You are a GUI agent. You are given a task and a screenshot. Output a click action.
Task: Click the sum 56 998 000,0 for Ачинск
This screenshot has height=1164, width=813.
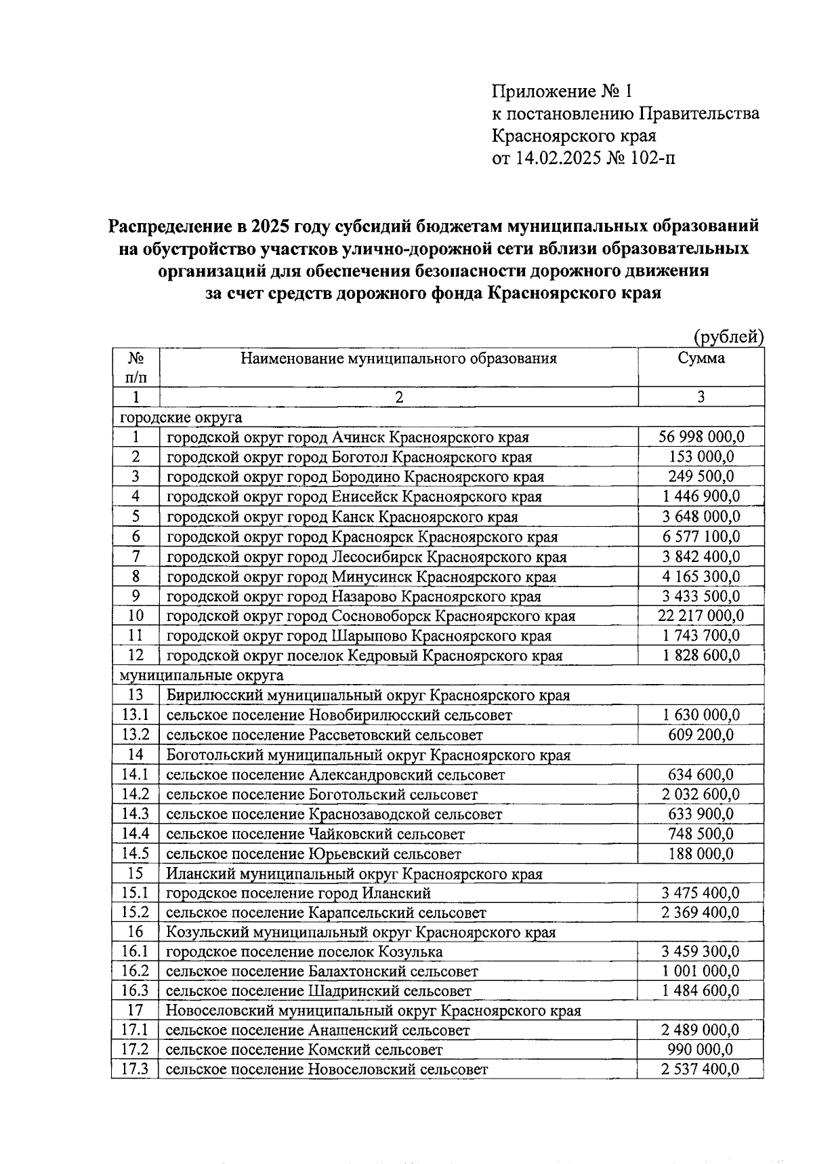(x=701, y=437)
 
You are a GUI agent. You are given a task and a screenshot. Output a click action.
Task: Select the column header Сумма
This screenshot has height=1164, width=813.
(x=701, y=358)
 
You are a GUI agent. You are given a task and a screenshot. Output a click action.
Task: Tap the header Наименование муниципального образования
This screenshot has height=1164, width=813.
(x=398, y=358)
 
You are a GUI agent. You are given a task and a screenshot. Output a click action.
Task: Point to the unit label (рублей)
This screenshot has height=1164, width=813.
(x=728, y=336)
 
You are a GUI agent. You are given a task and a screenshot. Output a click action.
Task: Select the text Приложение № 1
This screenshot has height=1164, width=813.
(x=562, y=91)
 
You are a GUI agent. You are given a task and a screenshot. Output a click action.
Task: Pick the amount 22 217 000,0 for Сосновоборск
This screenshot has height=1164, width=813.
(x=701, y=616)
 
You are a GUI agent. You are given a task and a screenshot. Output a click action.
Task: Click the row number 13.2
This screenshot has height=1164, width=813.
(x=135, y=735)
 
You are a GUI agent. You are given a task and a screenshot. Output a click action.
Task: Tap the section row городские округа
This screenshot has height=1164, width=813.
(x=181, y=417)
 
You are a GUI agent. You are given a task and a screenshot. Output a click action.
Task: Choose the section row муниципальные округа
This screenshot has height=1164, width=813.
(x=201, y=675)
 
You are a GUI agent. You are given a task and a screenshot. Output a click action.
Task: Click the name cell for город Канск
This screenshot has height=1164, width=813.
(x=342, y=517)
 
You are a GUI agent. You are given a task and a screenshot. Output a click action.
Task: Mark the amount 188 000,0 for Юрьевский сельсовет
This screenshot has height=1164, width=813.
(x=701, y=854)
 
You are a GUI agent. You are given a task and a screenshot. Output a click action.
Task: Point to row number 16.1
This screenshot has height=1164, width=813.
(x=135, y=952)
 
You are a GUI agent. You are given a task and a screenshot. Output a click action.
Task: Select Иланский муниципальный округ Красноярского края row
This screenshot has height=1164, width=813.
(x=354, y=874)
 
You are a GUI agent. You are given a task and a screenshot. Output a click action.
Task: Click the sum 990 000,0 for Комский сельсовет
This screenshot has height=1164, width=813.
(x=701, y=1049)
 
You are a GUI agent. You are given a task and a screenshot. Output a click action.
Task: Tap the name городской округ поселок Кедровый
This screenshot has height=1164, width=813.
(x=364, y=656)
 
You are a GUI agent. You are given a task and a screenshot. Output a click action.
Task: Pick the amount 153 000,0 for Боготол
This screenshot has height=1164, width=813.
(x=701, y=457)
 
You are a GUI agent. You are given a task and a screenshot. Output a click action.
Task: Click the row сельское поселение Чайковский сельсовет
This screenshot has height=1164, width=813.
(x=316, y=834)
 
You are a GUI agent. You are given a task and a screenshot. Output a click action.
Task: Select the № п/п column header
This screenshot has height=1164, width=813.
(x=135, y=367)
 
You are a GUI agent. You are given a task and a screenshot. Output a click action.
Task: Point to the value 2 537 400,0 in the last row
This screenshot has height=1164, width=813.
(x=701, y=1070)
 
